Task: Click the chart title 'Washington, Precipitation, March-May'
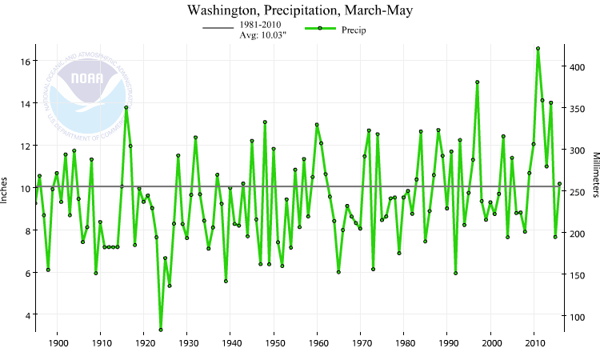pyautogui.click(x=301, y=10)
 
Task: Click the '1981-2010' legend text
pyautogui.click(x=260, y=26)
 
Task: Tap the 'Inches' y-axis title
pyautogui.click(x=8, y=187)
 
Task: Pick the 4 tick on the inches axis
pyautogui.click(x=26, y=315)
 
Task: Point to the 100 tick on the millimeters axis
pyautogui.click(x=578, y=316)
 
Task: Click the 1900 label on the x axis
pyautogui.click(x=58, y=343)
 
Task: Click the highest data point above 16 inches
pyautogui.click(x=538, y=49)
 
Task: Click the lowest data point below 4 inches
pyautogui.click(x=161, y=330)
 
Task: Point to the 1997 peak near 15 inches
pyautogui.click(x=478, y=82)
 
